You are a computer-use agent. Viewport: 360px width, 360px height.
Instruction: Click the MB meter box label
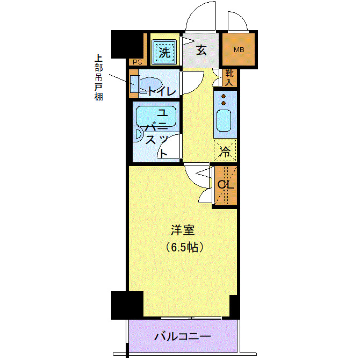[239, 50]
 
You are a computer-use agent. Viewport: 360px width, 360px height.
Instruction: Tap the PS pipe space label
[137, 62]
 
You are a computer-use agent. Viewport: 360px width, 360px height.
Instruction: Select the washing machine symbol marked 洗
[164, 52]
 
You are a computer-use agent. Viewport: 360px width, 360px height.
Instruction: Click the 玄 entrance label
[201, 51]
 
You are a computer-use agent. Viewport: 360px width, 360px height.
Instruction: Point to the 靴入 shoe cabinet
[228, 78]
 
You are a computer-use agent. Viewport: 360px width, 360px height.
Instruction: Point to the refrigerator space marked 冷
[226, 151]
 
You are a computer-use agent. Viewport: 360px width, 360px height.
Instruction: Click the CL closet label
[226, 185]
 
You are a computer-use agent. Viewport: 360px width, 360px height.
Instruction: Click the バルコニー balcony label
[183, 337]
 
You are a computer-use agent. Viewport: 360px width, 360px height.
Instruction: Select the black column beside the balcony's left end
[127, 305]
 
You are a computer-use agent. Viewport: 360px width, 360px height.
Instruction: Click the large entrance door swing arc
[202, 16]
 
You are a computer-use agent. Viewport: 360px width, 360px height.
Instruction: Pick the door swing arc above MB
[237, 19]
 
